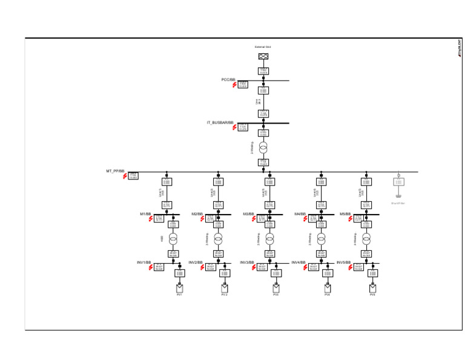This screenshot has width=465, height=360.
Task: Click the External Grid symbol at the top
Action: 263,56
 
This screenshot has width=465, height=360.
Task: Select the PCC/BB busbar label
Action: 228,79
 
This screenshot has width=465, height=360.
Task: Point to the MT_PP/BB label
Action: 115,172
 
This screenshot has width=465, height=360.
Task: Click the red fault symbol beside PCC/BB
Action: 235,85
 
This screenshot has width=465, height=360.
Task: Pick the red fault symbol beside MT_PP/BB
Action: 125,176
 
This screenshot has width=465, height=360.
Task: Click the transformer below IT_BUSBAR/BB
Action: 263,148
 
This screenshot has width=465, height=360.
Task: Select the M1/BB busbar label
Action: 145,214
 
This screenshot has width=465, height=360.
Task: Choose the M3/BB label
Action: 248,214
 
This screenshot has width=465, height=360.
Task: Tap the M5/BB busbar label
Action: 345,214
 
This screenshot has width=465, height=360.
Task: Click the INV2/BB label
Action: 196,262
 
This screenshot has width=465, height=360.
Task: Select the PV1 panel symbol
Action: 179,288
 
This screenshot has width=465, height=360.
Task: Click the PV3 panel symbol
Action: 276,288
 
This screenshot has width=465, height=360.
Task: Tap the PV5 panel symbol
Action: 373,288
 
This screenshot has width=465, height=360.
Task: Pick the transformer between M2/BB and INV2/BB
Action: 219,238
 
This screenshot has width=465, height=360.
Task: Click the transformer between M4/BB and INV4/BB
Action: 322,238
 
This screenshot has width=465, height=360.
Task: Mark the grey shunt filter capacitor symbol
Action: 398,195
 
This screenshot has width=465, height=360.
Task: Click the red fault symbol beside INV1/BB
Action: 151,267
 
